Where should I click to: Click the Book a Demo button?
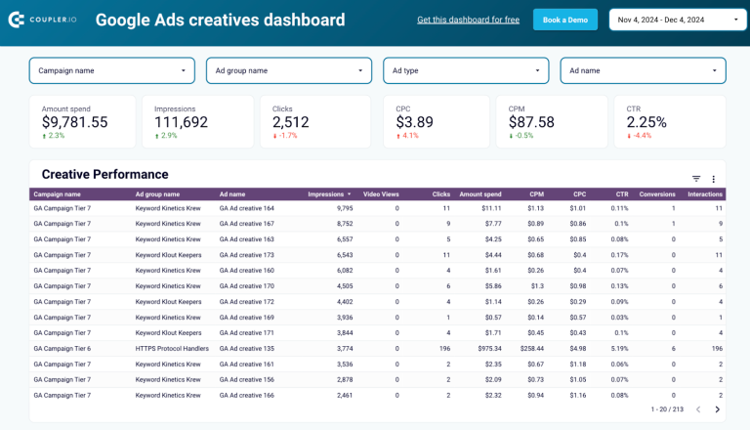pyautogui.click(x=564, y=20)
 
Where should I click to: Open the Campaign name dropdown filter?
pyautogui.click(x=111, y=70)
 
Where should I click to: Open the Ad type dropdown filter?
pyautogui.click(x=466, y=70)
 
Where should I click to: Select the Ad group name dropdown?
pyautogui.click(x=289, y=70)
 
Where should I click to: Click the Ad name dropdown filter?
pyautogui.click(x=643, y=70)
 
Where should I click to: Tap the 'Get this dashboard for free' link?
pyautogui.click(x=468, y=20)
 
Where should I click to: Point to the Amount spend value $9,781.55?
pyautogui.click(x=75, y=122)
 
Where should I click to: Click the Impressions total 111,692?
pyautogui.click(x=181, y=122)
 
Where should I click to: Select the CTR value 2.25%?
pyautogui.click(x=646, y=122)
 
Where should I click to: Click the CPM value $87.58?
pyautogui.click(x=531, y=122)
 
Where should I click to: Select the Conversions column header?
pyautogui.click(x=656, y=194)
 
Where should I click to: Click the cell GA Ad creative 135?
pyautogui.click(x=246, y=348)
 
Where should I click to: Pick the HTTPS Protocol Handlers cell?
pyautogui.click(x=172, y=348)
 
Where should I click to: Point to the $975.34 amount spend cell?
pyautogui.click(x=483, y=348)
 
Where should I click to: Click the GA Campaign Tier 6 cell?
pyautogui.click(x=62, y=348)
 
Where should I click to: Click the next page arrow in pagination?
pyautogui.click(x=717, y=409)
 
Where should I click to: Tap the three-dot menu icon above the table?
pyautogui.click(x=713, y=179)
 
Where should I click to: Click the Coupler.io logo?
pyautogui.click(x=44, y=20)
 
